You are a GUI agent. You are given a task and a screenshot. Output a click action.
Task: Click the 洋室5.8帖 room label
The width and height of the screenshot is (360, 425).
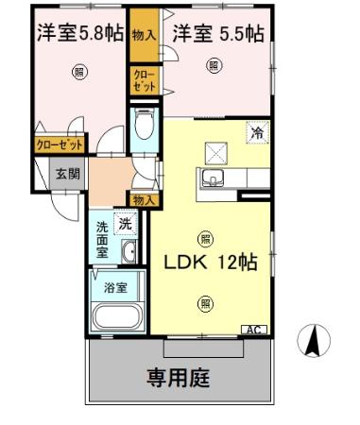[79, 33]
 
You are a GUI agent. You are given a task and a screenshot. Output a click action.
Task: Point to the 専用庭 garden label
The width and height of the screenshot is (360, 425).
[179, 378]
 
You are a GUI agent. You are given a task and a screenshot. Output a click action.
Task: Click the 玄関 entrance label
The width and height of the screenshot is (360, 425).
[66, 174]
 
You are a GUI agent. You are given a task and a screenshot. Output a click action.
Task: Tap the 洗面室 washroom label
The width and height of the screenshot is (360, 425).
[103, 239]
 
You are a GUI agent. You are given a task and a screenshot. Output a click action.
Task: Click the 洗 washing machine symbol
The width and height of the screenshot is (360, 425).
[124, 224]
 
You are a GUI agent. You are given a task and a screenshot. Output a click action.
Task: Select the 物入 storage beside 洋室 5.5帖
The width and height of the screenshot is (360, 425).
[144, 35]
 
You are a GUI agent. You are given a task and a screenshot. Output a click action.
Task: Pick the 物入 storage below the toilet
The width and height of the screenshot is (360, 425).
[143, 199]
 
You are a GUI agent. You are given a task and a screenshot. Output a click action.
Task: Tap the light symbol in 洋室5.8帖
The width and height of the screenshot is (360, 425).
[80, 71]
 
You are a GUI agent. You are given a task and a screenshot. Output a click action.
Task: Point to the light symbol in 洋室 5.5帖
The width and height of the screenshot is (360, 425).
[214, 65]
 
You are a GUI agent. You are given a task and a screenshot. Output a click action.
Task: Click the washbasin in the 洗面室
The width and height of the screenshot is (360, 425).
[129, 251]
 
